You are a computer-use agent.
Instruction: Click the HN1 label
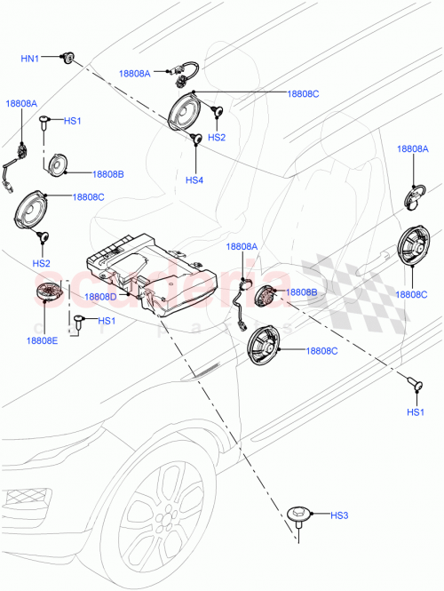[30, 59]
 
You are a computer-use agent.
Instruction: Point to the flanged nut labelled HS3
[299, 515]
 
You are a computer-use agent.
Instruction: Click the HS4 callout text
[194, 180]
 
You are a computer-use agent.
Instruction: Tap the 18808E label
[42, 340]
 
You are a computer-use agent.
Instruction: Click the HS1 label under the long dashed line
[415, 412]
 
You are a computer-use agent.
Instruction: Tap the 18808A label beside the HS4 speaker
[136, 74]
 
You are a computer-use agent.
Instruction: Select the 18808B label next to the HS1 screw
[108, 174]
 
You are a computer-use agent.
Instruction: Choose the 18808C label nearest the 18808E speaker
[87, 196]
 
